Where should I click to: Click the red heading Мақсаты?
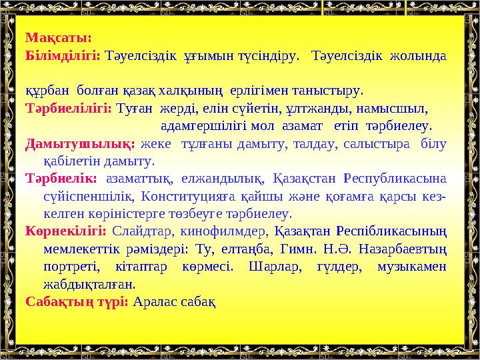58,39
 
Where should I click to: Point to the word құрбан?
47,89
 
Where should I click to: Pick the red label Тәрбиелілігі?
68,107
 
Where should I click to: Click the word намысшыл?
393,107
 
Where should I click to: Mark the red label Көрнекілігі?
66,232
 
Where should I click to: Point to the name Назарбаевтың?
409,250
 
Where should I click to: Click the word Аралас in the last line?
155,301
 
